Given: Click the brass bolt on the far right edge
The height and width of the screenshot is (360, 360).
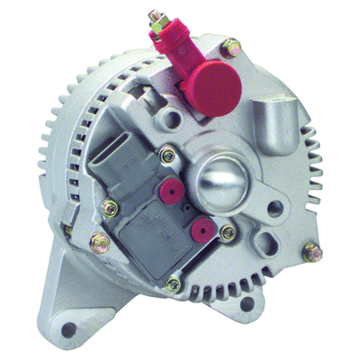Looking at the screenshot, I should [311, 254].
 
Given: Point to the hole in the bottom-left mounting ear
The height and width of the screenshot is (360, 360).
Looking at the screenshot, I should [76, 321].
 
